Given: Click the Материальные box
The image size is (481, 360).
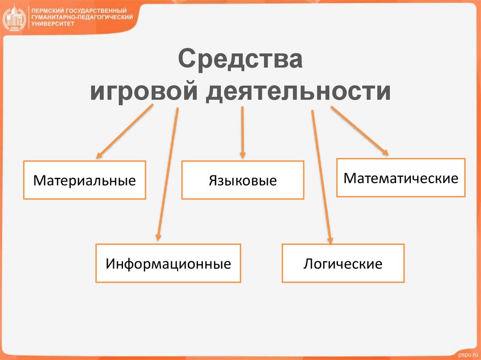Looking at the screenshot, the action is click(85, 180).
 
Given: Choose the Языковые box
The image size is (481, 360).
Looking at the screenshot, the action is click(243, 180).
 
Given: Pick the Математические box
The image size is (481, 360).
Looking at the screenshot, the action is click(401, 178).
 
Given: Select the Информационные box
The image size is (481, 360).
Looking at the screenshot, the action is click(168, 263).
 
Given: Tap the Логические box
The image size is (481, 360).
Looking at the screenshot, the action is click(343, 263).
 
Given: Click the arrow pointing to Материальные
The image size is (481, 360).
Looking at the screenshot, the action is click(124, 131).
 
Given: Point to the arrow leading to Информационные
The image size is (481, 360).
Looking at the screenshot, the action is click(168, 174).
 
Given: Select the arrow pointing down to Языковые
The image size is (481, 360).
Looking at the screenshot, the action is click(242, 131).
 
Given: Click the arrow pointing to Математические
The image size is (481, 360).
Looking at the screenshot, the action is click(360, 131).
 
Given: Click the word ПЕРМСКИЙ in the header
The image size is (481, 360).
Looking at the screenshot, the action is click(47, 10).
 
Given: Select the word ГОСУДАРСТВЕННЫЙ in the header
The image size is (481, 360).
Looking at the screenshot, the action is click(96, 10).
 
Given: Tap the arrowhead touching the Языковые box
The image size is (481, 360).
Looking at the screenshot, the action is click(242, 154).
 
